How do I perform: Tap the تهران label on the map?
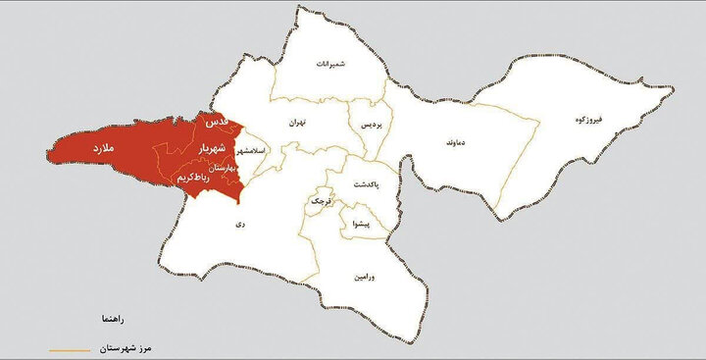[x=298, y=124]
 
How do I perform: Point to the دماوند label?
[x=437, y=143]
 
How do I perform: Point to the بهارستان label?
[x=223, y=168]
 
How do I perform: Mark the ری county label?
[x=238, y=224]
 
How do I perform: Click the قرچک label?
[x=321, y=200]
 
